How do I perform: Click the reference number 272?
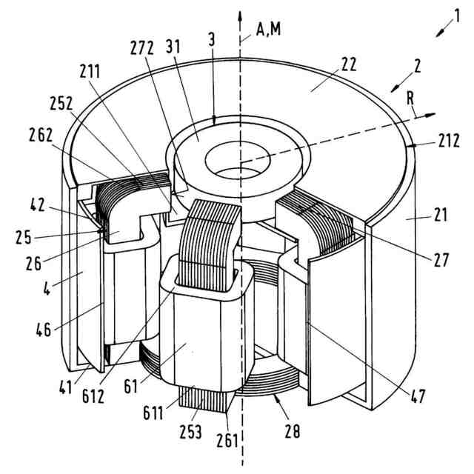pyautogui.click(x=141, y=47)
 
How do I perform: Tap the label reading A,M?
pyautogui.click(x=268, y=30)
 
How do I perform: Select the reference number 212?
pyautogui.click(x=449, y=141)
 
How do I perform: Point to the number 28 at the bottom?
pyautogui.click(x=293, y=431)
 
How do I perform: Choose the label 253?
pyautogui.click(x=191, y=432)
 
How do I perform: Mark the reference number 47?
pyautogui.click(x=418, y=395)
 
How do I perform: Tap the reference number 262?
pyautogui.click(x=41, y=135)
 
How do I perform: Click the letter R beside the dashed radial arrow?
pyautogui.click(x=410, y=99)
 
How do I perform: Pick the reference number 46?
pyautogui.click(x=44, y=329)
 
